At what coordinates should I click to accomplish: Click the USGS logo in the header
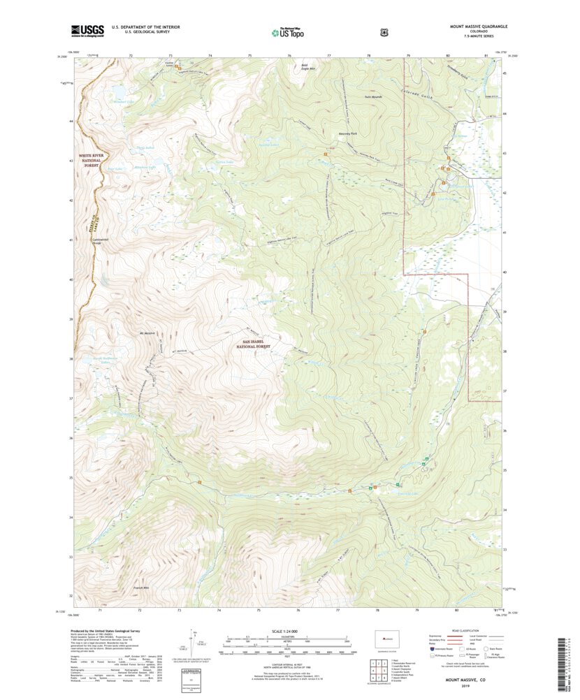tap(87, 30)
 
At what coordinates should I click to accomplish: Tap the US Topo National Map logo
tap(287, 31)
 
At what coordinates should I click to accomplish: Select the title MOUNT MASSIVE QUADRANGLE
tap(478, 27)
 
